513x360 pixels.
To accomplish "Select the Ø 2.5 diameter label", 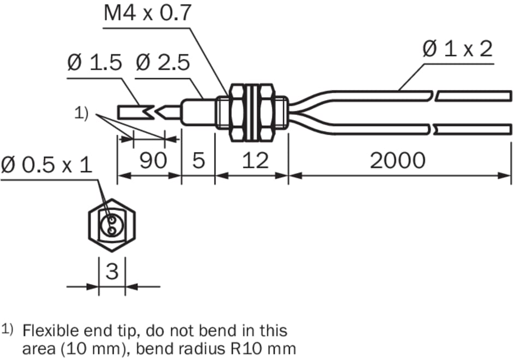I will click(162, 63).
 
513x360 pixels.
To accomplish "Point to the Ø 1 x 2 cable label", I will click(457, 50).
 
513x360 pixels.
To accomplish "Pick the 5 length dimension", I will click(199, 161).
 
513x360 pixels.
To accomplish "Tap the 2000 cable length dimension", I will click(397, 161).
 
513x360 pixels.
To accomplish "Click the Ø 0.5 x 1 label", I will click(47, 165).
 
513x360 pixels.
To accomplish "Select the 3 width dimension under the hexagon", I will click(112, 271).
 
